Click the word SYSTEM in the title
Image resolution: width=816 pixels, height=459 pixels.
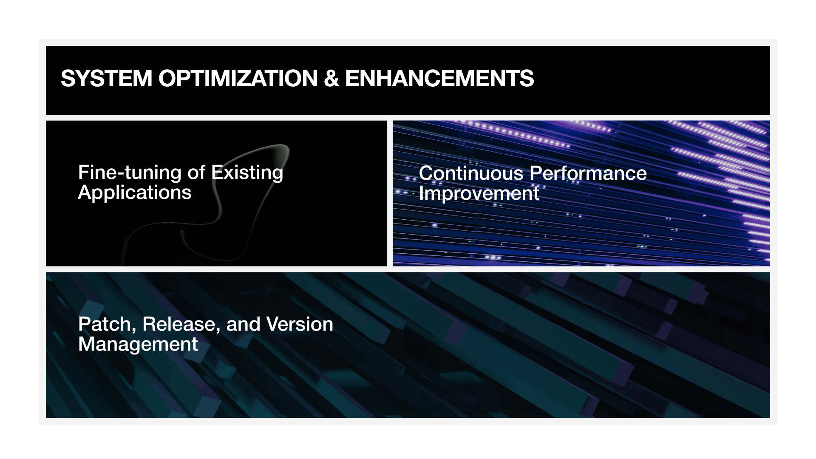(x=106, y=79)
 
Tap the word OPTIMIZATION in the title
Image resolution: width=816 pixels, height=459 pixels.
(x=238, y=79)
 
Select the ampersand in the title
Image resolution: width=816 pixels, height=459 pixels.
(x=331, y=79)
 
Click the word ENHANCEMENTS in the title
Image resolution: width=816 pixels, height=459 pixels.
(x=439, y=79)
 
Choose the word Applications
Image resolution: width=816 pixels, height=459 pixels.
(x=135, y=193)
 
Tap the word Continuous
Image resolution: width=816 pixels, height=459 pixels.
(x=471, y=173)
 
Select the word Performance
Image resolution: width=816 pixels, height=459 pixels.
(x=588, y=173)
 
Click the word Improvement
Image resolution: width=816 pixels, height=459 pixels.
(x=479, y=194)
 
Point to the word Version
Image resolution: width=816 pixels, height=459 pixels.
(x=300, y=325)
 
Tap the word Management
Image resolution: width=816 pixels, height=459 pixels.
(x=138, y=344)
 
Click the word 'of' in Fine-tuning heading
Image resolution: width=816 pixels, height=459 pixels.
(x=196, y=173)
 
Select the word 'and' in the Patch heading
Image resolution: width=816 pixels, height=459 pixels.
(x=243, y=324)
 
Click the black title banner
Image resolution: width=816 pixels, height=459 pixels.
(x=408, y=80)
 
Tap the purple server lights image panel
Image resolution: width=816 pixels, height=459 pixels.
(x=581, y=193)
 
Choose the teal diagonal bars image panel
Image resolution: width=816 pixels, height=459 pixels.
(x=408, y=345)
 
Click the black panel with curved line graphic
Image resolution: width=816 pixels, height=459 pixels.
(x=216, y=193)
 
